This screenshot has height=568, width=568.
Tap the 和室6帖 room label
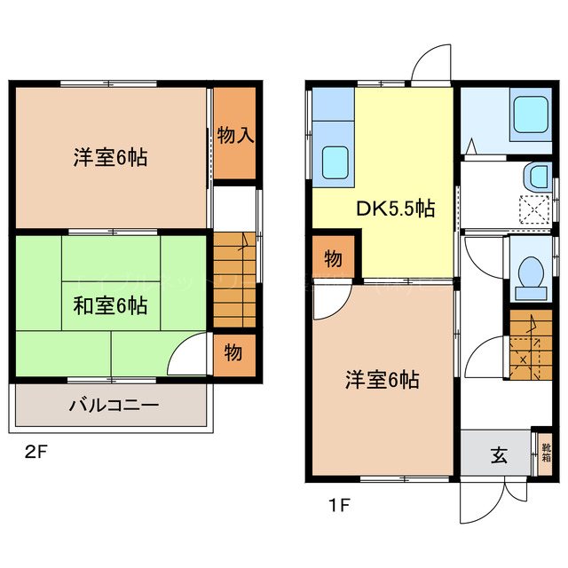[109, 307]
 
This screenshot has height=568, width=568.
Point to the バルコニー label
[114, 406]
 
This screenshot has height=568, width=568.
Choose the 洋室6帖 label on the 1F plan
[382, 380]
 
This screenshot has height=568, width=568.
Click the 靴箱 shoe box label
[547, 454]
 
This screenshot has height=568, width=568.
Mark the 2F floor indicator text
[35, 452]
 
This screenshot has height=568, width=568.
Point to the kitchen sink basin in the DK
[335, 162]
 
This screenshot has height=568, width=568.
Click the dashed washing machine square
[534, 210]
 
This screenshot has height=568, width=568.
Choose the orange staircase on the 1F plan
[529, 347]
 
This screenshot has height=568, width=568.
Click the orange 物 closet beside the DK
[333, 259]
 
